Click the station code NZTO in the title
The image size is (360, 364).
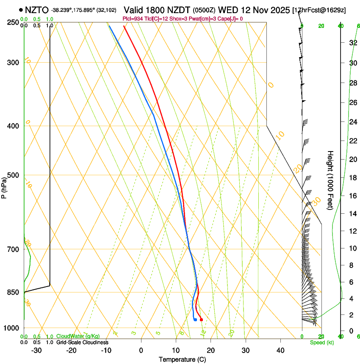coord(36,10)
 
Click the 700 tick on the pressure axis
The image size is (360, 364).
coord(13,249)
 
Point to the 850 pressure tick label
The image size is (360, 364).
coord(13,292)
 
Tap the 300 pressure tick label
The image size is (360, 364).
coord(13,63)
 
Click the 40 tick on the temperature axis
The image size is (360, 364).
coord(280,350)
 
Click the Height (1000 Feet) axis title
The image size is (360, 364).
coord(331,180)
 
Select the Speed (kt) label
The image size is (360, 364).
coord(322,342)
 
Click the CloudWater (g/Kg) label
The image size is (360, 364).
coord(78,336)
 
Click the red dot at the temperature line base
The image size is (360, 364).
coord(201,320)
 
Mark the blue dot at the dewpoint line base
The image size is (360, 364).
coord(195,320)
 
